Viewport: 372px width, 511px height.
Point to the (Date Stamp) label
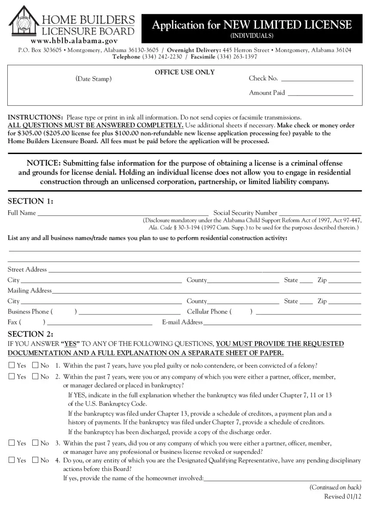[93, 79]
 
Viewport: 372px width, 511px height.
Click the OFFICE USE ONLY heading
[184, 72]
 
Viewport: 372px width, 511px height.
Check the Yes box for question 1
[12, 366]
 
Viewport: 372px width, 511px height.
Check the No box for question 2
[35, 376]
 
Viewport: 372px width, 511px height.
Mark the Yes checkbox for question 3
[12, 443]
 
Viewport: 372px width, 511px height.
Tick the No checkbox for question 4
[35, 460]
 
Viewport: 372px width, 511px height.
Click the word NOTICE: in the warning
[44, 163]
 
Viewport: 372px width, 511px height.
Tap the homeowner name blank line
[282, 479]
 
